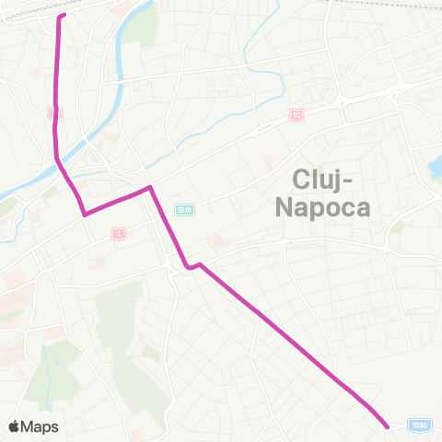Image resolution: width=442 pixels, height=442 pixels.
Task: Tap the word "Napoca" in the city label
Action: pos(323,207)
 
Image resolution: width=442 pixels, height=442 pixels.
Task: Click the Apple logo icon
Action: pos(15,426)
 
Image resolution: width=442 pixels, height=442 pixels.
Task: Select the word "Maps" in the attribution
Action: pos(41,426)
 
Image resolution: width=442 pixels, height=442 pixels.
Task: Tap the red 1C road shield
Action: pos(296,115)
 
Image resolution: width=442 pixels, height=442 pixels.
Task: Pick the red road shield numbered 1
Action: pos(117,231)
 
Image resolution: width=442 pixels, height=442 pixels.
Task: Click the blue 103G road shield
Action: pos(420,425)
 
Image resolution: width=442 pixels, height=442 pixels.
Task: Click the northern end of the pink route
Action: pos(63,16)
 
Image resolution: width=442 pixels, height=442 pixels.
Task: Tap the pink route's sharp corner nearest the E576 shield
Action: pos(150,188)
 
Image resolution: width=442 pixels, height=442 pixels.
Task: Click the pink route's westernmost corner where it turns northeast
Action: pos(85,215)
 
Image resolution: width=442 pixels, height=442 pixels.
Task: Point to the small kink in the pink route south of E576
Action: pos(192,267)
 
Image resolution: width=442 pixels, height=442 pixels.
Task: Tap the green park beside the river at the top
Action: pos(143,28)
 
